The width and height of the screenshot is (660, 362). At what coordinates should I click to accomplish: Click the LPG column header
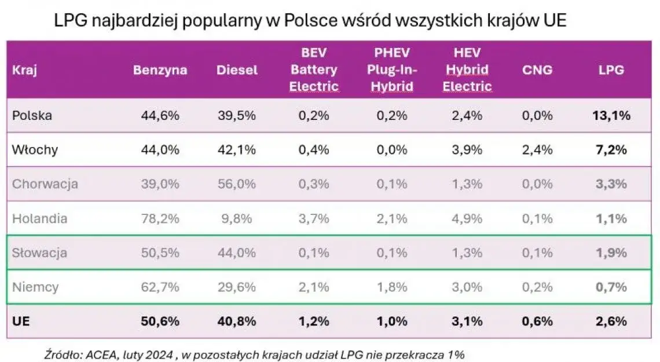point(611,70)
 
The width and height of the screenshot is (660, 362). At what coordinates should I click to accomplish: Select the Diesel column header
point(237,70)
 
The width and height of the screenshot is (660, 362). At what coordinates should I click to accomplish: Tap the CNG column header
point(537,70)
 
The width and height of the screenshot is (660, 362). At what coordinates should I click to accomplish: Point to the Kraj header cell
point(22,70)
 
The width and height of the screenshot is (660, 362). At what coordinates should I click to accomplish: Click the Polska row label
point(32,115)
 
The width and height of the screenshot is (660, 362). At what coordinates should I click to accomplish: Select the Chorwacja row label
point(45,184)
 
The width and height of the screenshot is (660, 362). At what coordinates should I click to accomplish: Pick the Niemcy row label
point(35,287)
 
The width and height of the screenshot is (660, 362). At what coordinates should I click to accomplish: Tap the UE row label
point(20,320)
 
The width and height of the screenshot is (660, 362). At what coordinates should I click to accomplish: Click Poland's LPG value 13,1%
point(611,115)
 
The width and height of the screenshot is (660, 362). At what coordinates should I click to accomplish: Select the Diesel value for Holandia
point(237,218)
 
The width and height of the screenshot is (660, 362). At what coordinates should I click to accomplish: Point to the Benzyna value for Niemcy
point(160,287)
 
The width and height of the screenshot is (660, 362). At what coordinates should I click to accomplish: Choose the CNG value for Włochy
point(537,150)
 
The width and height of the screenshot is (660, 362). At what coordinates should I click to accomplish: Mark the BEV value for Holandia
point(314,218)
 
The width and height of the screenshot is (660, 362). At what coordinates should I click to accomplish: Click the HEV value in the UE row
point(467,320)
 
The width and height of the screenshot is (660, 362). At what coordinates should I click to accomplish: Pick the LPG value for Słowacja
point(611,253)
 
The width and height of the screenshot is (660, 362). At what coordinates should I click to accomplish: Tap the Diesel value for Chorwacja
point(237,184)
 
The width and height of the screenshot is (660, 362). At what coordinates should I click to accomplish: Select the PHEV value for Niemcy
point(391,287)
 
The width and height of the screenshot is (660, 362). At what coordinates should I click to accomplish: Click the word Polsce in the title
point(304,21)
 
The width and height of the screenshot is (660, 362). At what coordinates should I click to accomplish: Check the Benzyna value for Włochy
point(160,150)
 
